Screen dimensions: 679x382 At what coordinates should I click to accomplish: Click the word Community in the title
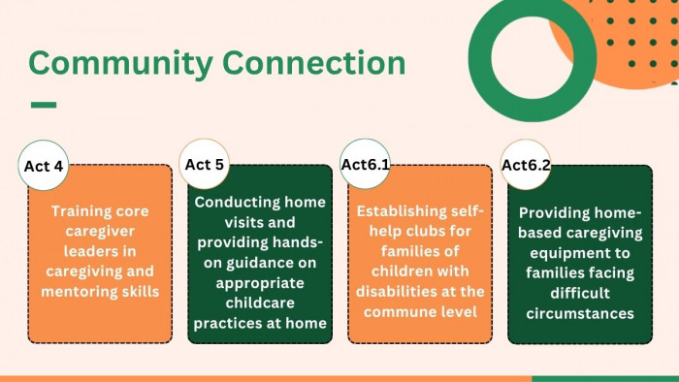(121, 64)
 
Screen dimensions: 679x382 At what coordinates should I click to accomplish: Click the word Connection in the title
(314, 62)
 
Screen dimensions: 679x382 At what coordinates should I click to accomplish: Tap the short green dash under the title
(44, 105)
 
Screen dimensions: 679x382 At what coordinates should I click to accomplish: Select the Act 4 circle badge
(44, 165)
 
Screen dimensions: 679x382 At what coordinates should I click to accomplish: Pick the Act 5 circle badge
(204, 164)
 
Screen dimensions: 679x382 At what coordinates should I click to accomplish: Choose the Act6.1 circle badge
(365, 164)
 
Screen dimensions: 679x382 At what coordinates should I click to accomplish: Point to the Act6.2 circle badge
(526, 165)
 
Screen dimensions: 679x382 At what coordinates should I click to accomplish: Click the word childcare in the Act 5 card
(260, 302)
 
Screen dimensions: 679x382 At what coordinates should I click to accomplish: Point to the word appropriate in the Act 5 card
(260, 283)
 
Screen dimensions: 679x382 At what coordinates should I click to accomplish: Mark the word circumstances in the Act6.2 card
(580, 313)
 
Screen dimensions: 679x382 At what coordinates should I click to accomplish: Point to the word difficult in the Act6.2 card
(580, 293)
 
